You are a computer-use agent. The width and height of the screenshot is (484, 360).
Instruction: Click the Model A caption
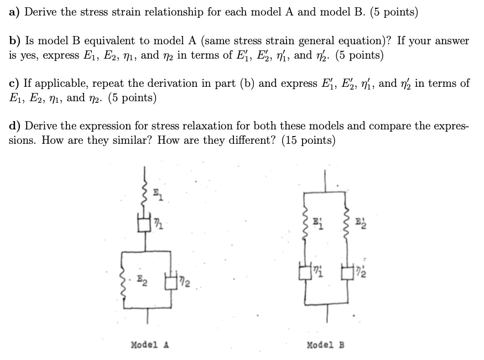coord(149,345)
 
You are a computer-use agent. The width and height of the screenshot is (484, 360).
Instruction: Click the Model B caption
coord(326,345)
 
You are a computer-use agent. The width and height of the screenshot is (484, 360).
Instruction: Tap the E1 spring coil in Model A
coord(147,192)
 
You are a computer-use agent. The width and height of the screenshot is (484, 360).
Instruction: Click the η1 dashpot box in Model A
coord(147,225)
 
